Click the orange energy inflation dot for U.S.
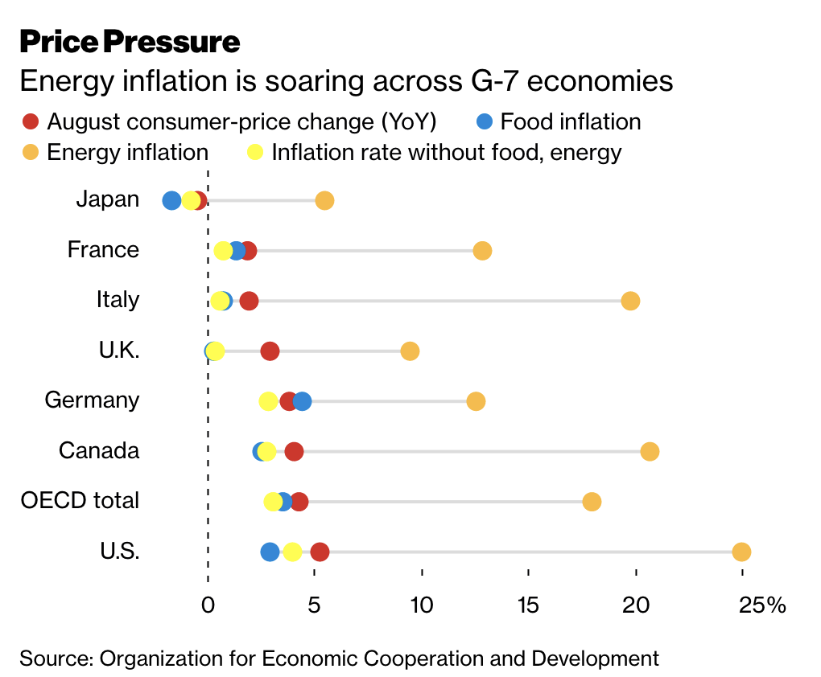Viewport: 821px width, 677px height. [741, 552]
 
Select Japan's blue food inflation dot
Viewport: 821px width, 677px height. [171, 201]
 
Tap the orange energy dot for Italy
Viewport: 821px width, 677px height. [630, 301]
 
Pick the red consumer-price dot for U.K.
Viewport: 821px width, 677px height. [270, 351]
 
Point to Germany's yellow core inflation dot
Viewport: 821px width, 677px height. [268, 401]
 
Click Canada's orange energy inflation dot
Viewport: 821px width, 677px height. [650, 451]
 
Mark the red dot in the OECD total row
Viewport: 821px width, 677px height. [299, 502]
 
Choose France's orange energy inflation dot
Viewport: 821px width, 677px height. [482, 251]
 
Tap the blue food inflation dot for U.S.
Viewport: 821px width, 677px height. [270, 552]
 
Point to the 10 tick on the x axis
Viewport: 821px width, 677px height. [422, 605]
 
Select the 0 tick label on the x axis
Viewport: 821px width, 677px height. [208, 605]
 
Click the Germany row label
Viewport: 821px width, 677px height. [92, 400]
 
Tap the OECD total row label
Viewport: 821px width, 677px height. [80, 500]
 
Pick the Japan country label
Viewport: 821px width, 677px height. [108, 199]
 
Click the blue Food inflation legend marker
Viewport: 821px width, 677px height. [484, 122]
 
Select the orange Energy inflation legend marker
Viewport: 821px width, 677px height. [30, 152]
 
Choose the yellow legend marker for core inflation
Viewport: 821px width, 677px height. [254, 152]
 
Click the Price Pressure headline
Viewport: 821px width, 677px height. [130, 42]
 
